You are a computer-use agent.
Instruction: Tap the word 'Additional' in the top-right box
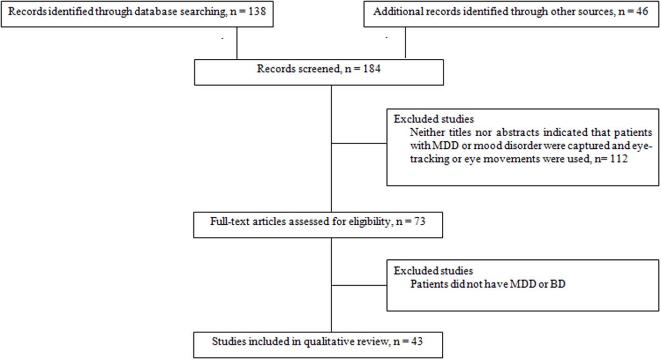(x=394, y=12)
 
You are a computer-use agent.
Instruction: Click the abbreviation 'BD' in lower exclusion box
(x=557, y=284)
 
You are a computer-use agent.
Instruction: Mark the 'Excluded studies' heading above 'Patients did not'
(x=433, y=271)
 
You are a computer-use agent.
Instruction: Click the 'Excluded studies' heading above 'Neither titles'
(x=433, y=119)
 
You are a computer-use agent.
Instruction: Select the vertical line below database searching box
(x=237, y=42)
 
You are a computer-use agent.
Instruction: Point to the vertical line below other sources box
(x=405, y=42)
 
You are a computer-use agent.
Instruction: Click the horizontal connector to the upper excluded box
(x=359, y=144)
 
